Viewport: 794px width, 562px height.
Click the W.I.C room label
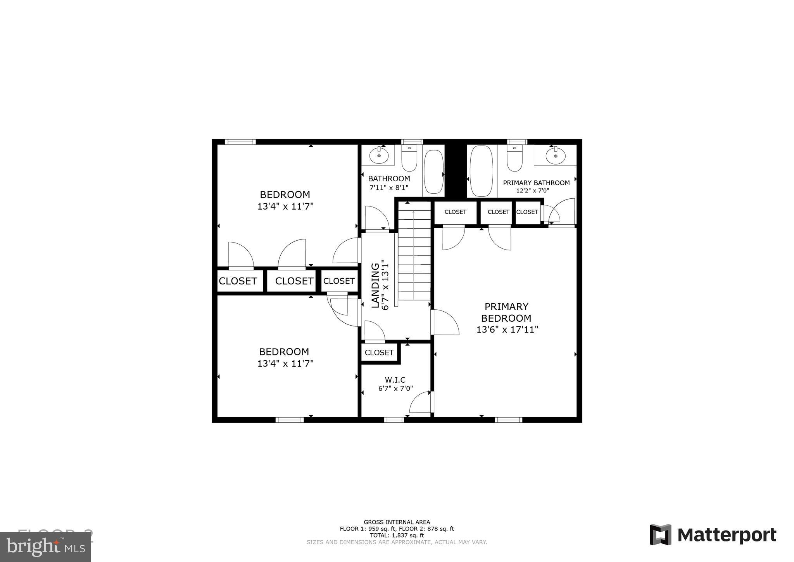tap(395, 380)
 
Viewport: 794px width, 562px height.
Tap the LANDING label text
tap(375, 285)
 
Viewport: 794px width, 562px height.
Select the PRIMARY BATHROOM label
tap(536, 183)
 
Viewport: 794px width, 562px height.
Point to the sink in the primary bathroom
tap(555, 156)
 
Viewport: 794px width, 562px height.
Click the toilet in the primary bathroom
tap(514, 159)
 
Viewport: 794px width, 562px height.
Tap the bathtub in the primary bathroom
tap(481, 171)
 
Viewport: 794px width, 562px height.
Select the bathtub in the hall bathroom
tap(433, 172)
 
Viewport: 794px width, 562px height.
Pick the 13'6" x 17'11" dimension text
tap(507, 330)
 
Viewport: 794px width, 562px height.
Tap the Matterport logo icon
tap(660, 534)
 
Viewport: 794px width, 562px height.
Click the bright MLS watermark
tap(46, 547)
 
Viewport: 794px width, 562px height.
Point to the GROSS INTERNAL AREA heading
tap(397, 522)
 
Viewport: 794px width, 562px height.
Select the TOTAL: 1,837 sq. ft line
tap(397, 535)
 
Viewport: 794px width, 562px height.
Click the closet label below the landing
tap(379, 352)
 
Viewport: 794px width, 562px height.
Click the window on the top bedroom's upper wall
tap(240, 142)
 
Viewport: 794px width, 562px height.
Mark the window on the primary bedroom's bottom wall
tap(508, 420)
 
